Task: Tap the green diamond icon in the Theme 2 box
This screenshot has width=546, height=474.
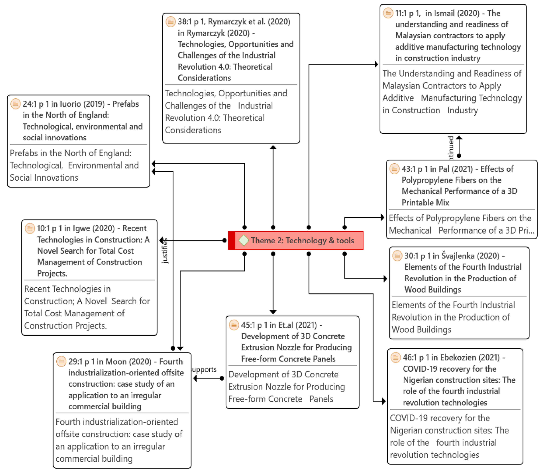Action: [x=243, y=240]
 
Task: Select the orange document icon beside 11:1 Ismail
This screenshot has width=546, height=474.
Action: [x=388, y=13]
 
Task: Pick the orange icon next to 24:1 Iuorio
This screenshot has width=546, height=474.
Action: [x=15, y=104]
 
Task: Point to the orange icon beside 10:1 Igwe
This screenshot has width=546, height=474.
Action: [x=30, y=228]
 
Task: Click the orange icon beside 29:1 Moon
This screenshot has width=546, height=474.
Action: [x=61, y=361]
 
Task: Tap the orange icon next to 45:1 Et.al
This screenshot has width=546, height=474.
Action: [x=234, y=325]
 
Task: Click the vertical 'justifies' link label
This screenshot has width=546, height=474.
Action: [x=165, y=251]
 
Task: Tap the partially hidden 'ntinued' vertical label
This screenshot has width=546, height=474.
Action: [x=450, y=148]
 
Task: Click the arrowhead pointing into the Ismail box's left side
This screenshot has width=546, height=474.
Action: [x=376, y=64]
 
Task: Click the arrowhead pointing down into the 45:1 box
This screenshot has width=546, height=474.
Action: [x=273, y=312]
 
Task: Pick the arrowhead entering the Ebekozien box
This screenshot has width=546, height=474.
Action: [x=383, y=401]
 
